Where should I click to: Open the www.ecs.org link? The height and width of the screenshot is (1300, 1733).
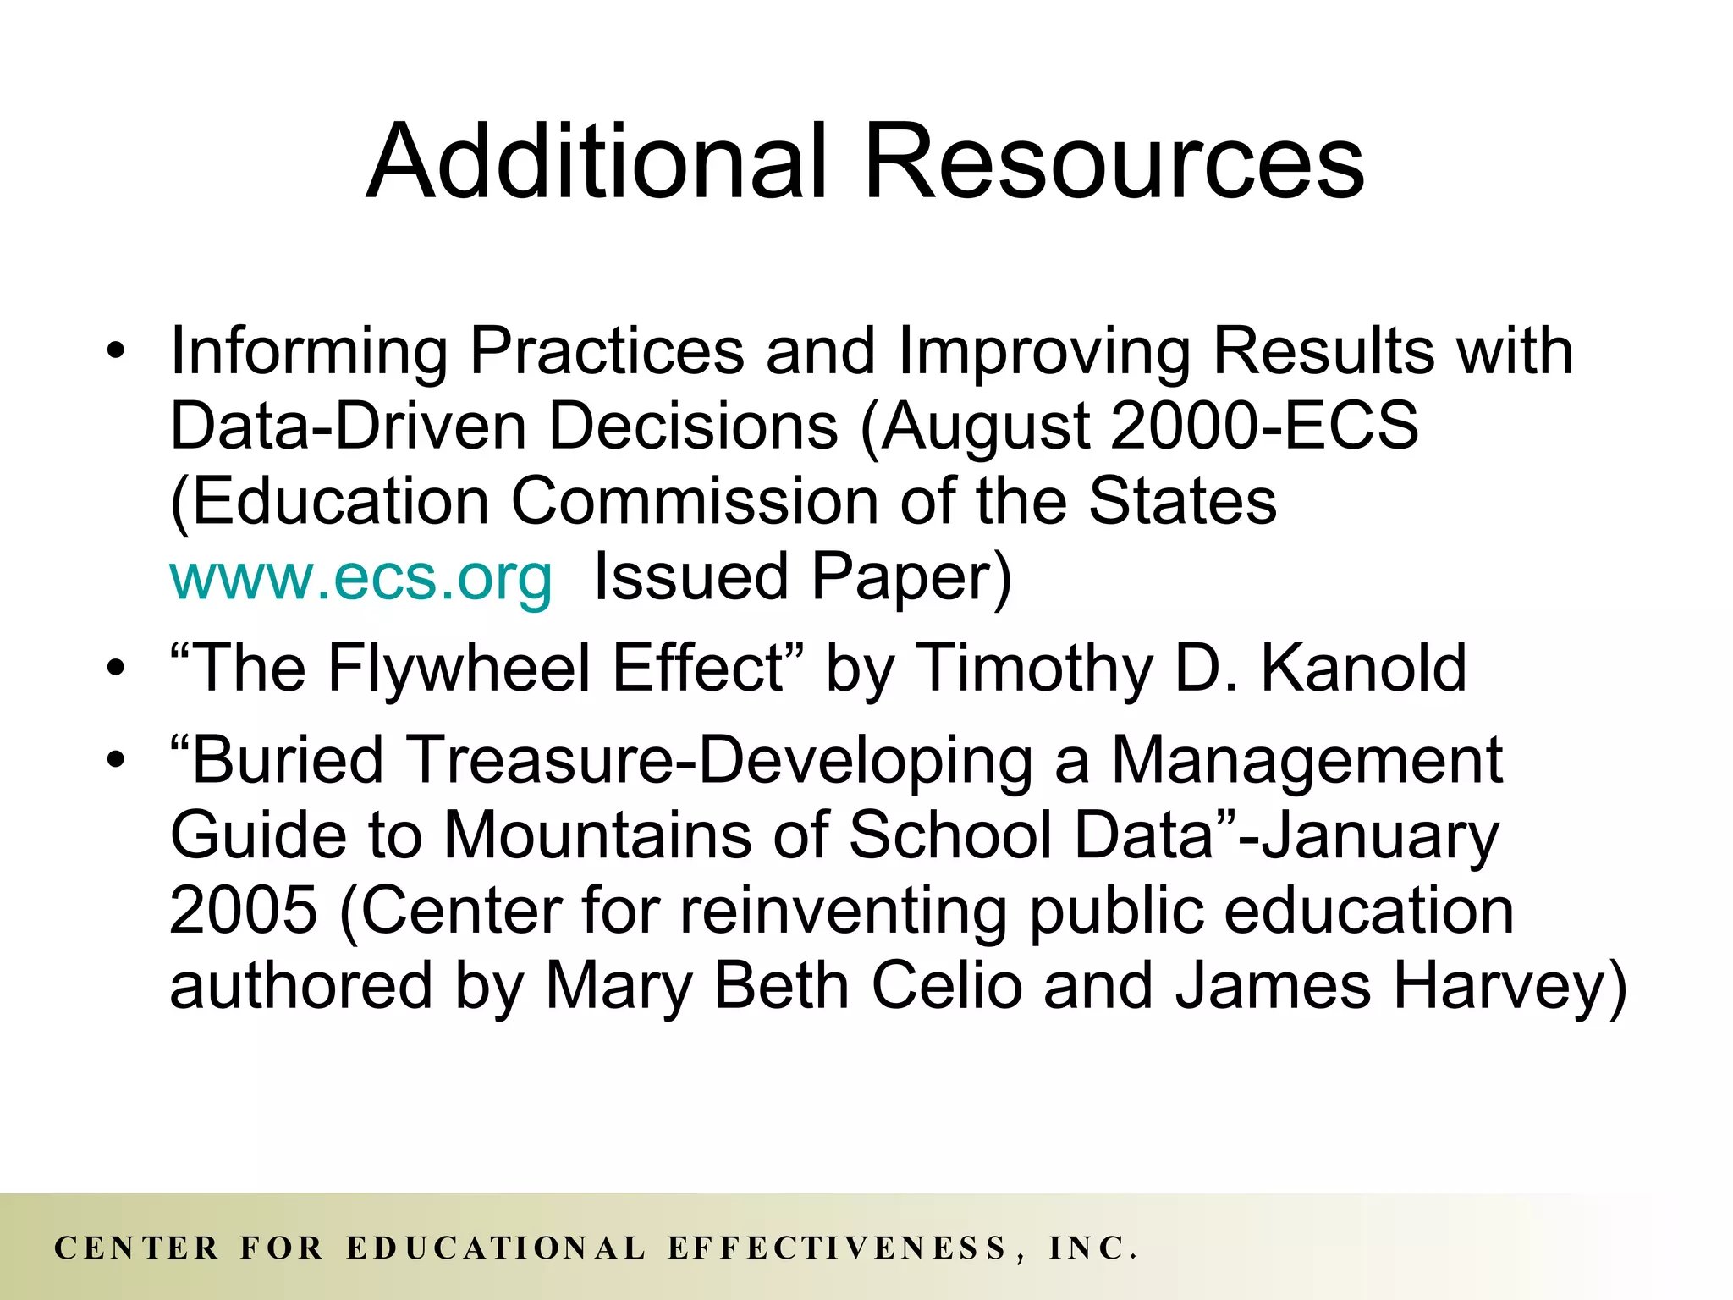pyautogui.click(x=361, y=577)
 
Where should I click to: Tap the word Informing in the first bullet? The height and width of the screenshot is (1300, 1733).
pyautogui.click(x=309, y=350)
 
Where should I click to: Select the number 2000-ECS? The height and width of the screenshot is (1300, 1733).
pyautogui.click(x=1264, y=426)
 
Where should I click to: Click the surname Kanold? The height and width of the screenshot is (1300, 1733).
pyautogui.click(x=1363, y=669)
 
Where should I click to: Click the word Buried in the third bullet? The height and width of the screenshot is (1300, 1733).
pyautogui.click(x=288, y=759)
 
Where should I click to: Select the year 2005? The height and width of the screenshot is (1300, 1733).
pyautogui.click(x=244, y=911)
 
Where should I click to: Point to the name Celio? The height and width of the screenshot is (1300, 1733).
pyautogui.click(x=947, y=987)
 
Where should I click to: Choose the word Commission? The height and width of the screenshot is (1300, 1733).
pyautogui.click(x=695, y=502)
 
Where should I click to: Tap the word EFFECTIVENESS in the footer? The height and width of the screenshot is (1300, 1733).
pyautogui.click(x=838, y=1248)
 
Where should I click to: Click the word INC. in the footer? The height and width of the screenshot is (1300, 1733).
pyautogui.click(x=1092, y=1248)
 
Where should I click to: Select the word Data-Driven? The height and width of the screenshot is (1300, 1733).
pyautogui.click(x=349, y=426)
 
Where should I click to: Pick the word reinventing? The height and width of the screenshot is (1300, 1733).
pyautogui.click(x=843, y=911)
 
